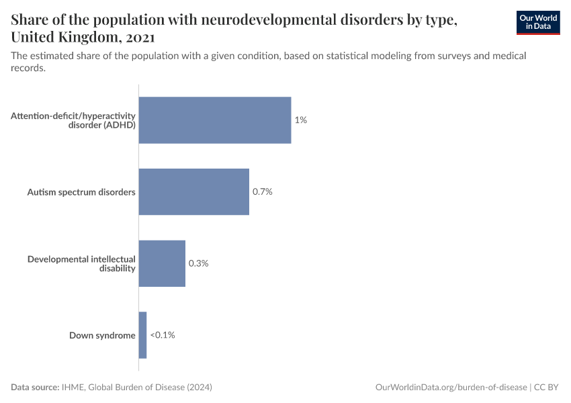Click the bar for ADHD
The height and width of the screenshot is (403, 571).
(215, 120)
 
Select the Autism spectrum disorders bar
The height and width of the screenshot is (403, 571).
(193, 192)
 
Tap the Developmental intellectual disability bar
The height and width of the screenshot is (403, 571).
(162, 263)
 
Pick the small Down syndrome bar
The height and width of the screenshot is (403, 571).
(142, 335)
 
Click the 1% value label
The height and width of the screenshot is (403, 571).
(300, 120)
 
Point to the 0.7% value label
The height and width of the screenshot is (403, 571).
(262, 192)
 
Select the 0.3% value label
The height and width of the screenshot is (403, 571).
(198, 263)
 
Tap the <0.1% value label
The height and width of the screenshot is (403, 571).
(162, 335)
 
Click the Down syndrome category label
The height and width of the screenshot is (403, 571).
(102, 335)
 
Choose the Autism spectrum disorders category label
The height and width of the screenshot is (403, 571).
(81, 192)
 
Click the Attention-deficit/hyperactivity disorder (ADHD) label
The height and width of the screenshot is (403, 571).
(74, 120)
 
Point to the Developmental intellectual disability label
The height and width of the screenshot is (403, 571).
(81, 263)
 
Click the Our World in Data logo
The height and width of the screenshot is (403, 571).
(537, 22)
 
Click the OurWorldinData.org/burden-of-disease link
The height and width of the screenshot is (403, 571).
(451, 388)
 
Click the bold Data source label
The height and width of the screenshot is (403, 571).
(34, 388)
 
